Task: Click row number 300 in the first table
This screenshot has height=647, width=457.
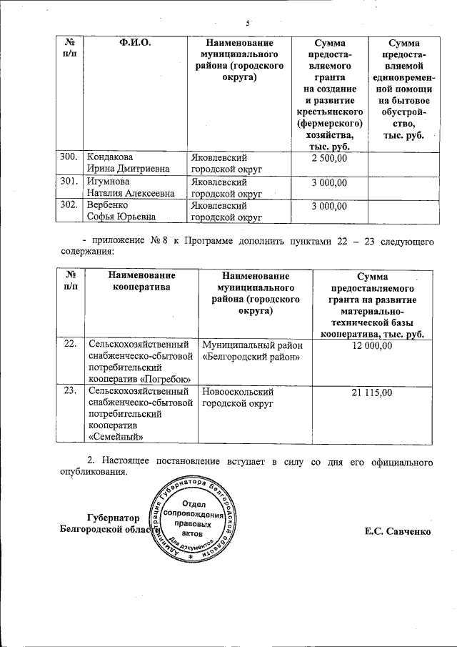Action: [69, 157]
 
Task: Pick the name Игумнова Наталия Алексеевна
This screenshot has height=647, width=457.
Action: [130, 187]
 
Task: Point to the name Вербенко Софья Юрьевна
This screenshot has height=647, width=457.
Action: [120, 212]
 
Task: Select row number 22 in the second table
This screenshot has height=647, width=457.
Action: [70, 345]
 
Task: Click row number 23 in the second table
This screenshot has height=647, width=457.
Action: [70, 392]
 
